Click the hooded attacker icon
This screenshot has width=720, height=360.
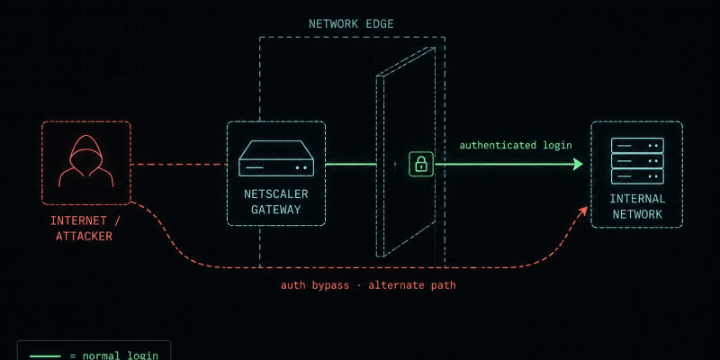[85, 161]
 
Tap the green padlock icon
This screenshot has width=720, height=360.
[421, 164]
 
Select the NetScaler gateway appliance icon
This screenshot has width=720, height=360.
[276, 158]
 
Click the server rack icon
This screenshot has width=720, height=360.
[637, 160]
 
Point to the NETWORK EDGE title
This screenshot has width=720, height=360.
[351, 24]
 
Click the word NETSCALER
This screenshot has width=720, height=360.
[276, 194]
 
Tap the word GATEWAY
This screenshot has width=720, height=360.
[276, 210]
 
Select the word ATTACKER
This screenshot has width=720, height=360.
[84, 237]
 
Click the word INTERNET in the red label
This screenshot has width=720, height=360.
[79, 220]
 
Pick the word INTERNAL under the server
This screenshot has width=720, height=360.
[637, 199]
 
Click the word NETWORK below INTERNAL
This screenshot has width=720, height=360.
[637, 214]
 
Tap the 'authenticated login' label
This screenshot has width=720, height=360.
[516, 146]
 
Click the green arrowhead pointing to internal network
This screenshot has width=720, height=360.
[578, 164]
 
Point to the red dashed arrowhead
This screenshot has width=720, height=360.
[583, 211]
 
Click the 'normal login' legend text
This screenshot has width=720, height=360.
[121, 355]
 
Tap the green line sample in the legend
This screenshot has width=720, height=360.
[45, 356]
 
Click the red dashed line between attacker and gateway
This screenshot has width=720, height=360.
[178, 164]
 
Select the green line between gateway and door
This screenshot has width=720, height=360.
[351, 164]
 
